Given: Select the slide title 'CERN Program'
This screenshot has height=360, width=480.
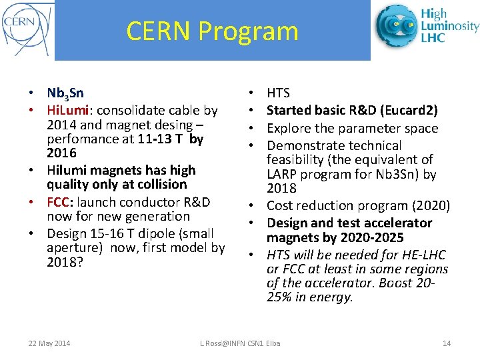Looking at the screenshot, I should [212, 31].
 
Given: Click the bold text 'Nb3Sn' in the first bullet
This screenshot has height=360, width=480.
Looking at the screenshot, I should [65, 93].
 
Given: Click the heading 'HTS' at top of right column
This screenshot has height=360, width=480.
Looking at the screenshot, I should [278, 93].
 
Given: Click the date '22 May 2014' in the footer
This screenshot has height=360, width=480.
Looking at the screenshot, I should [49, 343].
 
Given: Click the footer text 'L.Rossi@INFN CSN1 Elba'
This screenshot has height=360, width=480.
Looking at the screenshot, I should [241, 343].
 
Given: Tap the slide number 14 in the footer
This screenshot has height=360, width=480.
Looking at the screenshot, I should [447, 343].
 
